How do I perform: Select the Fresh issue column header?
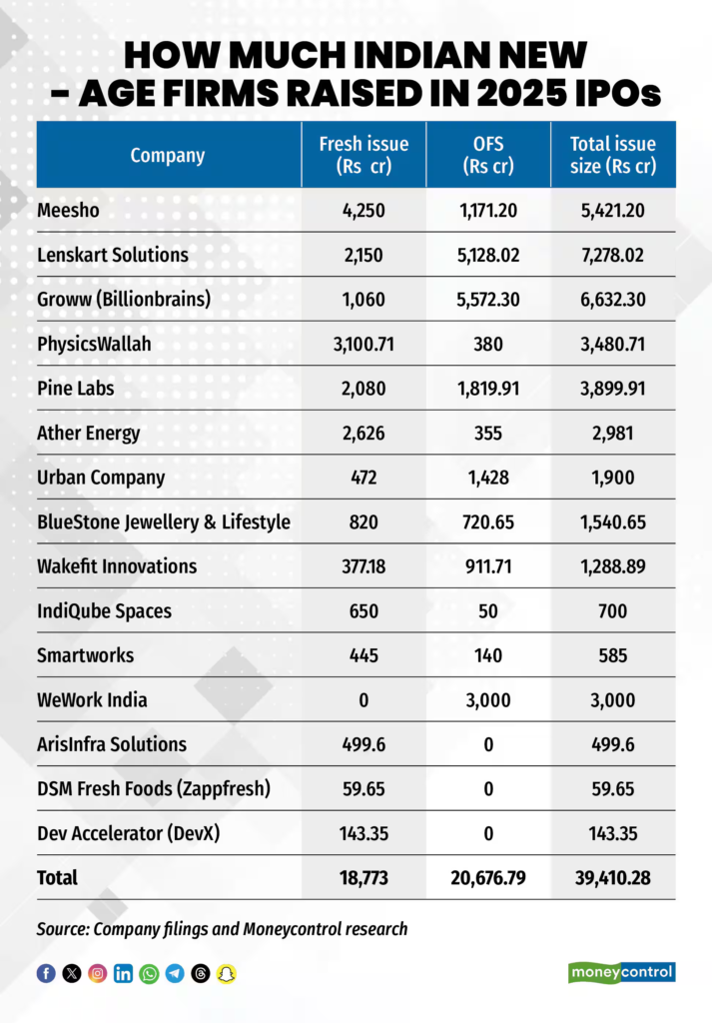362,155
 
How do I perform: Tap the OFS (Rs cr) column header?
487,155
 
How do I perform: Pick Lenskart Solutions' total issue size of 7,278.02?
612,255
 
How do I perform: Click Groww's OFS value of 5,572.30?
487,299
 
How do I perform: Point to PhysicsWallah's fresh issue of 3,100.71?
362,343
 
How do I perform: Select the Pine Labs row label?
75,388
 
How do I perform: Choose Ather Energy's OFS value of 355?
487,433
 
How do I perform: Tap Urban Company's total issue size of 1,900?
612,477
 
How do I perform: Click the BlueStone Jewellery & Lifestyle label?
163,521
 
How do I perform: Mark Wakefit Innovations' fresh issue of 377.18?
362,565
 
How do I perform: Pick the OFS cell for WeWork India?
487,699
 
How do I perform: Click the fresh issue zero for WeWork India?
362,699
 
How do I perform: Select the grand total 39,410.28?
612,878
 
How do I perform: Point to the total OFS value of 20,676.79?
487,878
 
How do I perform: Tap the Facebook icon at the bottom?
46,973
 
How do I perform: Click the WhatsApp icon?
149,973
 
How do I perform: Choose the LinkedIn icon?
123,973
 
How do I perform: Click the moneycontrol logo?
622,972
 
